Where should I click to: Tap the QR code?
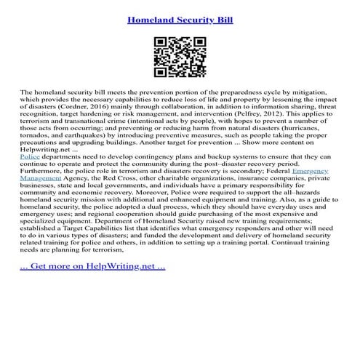[x=180, y=56]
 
